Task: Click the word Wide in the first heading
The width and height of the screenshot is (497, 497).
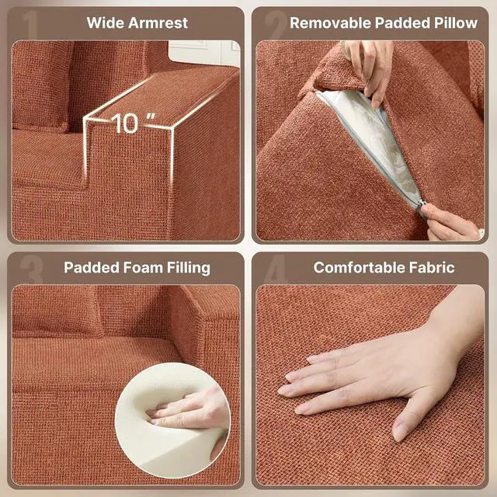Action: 106,23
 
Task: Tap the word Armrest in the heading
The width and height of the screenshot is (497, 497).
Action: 158,23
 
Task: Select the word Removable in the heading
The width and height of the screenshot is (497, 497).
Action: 330,23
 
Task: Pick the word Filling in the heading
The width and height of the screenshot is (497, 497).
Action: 189,268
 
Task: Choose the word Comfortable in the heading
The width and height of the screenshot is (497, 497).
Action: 360,267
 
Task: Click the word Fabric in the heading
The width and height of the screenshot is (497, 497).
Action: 432,267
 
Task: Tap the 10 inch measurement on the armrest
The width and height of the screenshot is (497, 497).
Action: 133,123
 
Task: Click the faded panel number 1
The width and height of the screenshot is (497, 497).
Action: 31,25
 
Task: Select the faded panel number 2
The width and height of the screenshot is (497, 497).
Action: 275,25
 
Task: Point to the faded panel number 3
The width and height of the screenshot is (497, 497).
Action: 31,269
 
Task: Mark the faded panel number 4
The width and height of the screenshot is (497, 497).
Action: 276,269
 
